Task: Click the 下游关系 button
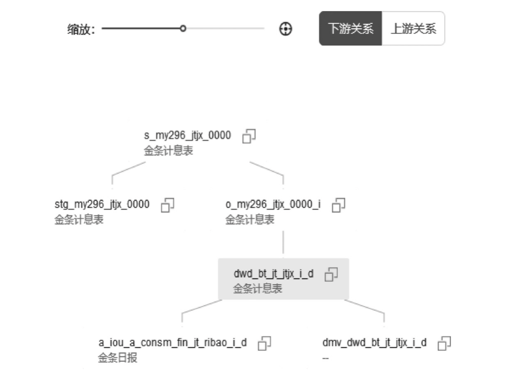pos(350,29)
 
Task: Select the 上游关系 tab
pos(413,29)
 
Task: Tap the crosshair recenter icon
pos(286,29)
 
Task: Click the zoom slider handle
pos(183,29)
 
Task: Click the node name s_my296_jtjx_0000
pos(187,135)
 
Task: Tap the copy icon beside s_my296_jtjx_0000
pos(249,136)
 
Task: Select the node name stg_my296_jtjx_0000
pos(102,204)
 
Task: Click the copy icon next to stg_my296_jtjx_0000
pos(168,205)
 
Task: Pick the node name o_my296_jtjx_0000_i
pos(273,204)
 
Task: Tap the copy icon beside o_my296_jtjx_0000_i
pos(338,205)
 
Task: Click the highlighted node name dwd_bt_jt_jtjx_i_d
pos(273,274)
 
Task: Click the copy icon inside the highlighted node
pos(331,274)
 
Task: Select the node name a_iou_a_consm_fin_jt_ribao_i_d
pos(172,343)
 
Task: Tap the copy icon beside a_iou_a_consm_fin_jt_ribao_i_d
pos(264,343)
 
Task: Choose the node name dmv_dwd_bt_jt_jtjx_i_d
pos(374,343)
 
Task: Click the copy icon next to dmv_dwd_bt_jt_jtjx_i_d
pos(444,343)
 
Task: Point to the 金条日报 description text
pos(118,358)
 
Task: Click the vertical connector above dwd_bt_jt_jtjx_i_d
pos(283,242)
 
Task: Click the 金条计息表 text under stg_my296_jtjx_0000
pos(79,220)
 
